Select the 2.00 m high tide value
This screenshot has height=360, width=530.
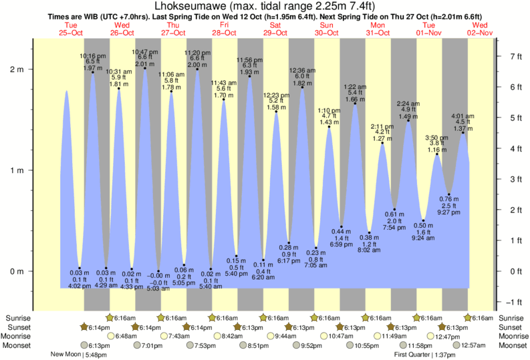pyautogui.click(x=197, y=65)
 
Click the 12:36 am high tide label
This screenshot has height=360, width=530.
pyautogui.click(x=301, y=70)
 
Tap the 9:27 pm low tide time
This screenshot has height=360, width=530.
pyautogui.click(x=448, y=212)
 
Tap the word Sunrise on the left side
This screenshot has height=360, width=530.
pyautogui.click(x=17, y=318)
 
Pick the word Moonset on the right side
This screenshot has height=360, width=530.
pyautogui.click(x=512, y=345)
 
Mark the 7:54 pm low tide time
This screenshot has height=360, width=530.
pyautogui.click(x=394, y=227)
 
